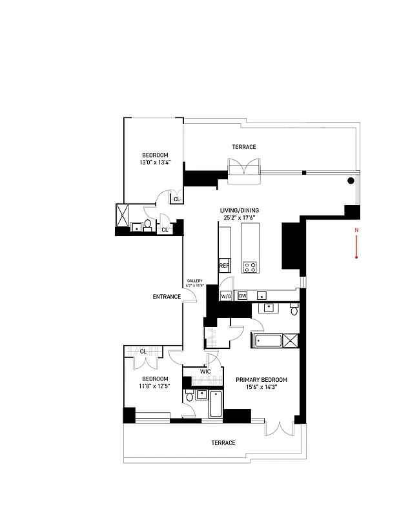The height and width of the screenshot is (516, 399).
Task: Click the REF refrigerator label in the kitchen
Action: pos(224,265)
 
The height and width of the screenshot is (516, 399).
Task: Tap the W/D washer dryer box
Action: pos(226,296)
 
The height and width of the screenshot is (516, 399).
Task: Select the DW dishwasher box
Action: pos(243,296)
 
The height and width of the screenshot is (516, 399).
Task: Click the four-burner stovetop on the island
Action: pos(249,266)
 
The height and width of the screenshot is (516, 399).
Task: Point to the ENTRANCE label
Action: pos(167,297)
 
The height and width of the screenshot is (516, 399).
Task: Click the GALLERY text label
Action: pos(195,281)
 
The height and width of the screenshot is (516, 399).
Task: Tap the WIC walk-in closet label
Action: pos(205,372)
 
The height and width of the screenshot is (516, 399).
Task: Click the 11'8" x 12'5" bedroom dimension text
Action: pos(155,386)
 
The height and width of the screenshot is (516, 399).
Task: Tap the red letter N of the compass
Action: pos(356,230)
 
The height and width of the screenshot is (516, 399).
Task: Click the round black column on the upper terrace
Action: pos(351,181)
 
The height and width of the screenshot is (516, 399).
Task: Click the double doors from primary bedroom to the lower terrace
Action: pos(280,428)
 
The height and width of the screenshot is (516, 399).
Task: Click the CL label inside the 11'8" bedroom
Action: pos(143,352)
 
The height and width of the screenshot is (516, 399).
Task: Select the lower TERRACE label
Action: pos(223,443)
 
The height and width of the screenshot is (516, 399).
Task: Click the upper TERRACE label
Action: pos(245,147)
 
